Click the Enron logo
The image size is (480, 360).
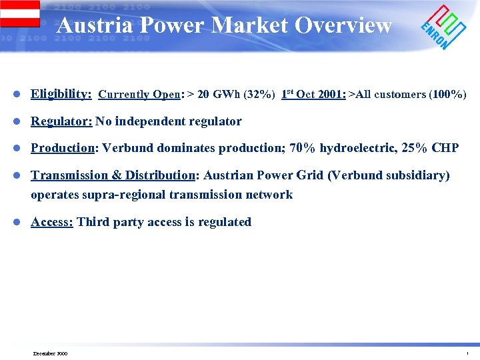click(x=443, y=26)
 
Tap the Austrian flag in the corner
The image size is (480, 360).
click(x=19, y=13)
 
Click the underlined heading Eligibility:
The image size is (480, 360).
click(x=61, y=94)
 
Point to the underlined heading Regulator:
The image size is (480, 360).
click(x=61, y=121)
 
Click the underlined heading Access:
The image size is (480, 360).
click(x=52, y=222)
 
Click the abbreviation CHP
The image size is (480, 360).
click(x=445, y=147)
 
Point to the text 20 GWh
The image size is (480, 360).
click(x=216, y=94)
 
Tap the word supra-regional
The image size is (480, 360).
click(x=127, y=195)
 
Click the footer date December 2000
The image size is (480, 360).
click(x=51, y=353)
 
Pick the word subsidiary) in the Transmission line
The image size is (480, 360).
click(x=421, y=175)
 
